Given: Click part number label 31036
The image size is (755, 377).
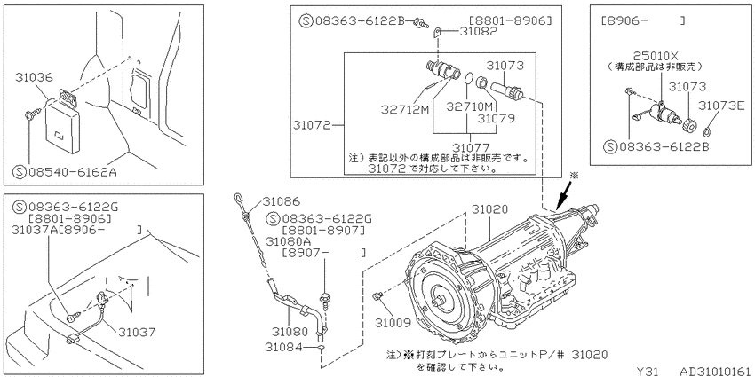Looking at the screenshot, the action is [34, 77].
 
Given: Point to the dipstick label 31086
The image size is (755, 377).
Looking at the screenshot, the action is [281, 202].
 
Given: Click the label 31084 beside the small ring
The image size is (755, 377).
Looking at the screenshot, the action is [283, 346].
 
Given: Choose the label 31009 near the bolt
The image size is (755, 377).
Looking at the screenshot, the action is [393, 323].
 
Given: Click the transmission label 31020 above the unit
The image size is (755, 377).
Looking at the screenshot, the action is [489, 209].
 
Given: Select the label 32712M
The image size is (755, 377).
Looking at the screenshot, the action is [405, 110].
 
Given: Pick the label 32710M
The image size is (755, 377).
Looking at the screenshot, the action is [470, 106].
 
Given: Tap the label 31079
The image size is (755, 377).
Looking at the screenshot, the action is [497, 117].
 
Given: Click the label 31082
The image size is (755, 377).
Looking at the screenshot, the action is [478, 32].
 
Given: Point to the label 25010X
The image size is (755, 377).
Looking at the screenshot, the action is [656, 56].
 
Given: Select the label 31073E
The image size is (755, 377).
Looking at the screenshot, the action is [721, 105].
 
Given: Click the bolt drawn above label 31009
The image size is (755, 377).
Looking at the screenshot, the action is [377, 296].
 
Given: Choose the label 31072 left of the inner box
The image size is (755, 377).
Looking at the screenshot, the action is [311, 125].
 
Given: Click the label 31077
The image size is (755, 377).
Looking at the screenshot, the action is [471, 147].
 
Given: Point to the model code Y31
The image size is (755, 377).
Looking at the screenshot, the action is [648, 371].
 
